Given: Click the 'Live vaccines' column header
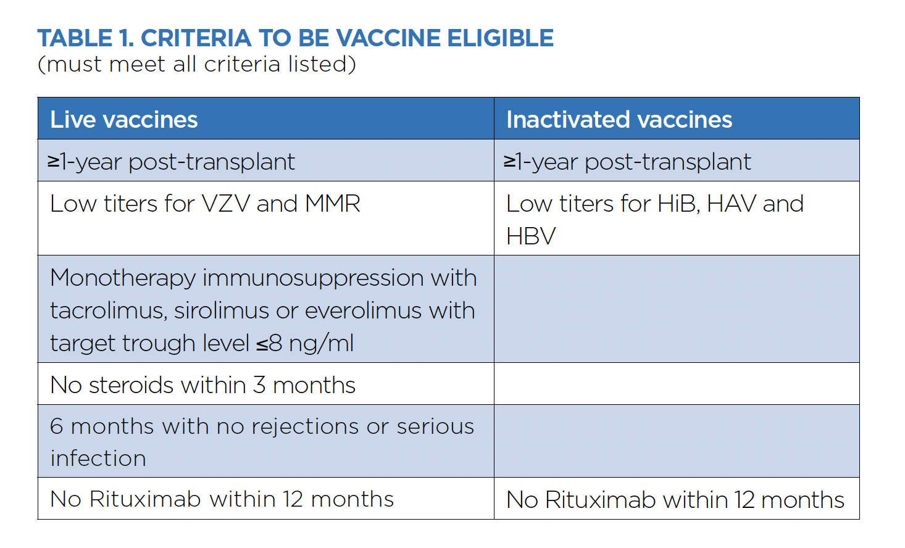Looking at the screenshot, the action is click(x=123, y=120).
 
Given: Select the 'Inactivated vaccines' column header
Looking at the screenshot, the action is click(x=619, y=120).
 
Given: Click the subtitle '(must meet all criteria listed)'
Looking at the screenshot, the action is click(x=197, y=64).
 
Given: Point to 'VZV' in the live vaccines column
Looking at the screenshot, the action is click(x=226, y=203).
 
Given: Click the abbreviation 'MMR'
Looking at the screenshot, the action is click(x=333, y=203).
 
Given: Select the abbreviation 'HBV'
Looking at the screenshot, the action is click(x=531, y=236).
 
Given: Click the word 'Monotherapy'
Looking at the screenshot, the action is click(x=123, y=279).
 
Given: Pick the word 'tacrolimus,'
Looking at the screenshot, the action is click(x=109, y=311).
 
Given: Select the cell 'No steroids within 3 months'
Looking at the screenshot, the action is click(x=203, y=385).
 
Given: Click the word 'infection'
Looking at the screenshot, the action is click(x=98, y=459).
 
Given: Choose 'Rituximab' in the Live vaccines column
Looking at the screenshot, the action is click(x=145, y=499).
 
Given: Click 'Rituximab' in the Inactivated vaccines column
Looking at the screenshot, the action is click(x=600, y=500).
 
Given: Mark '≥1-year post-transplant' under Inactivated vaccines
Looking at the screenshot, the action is click(x=627, y=162).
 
